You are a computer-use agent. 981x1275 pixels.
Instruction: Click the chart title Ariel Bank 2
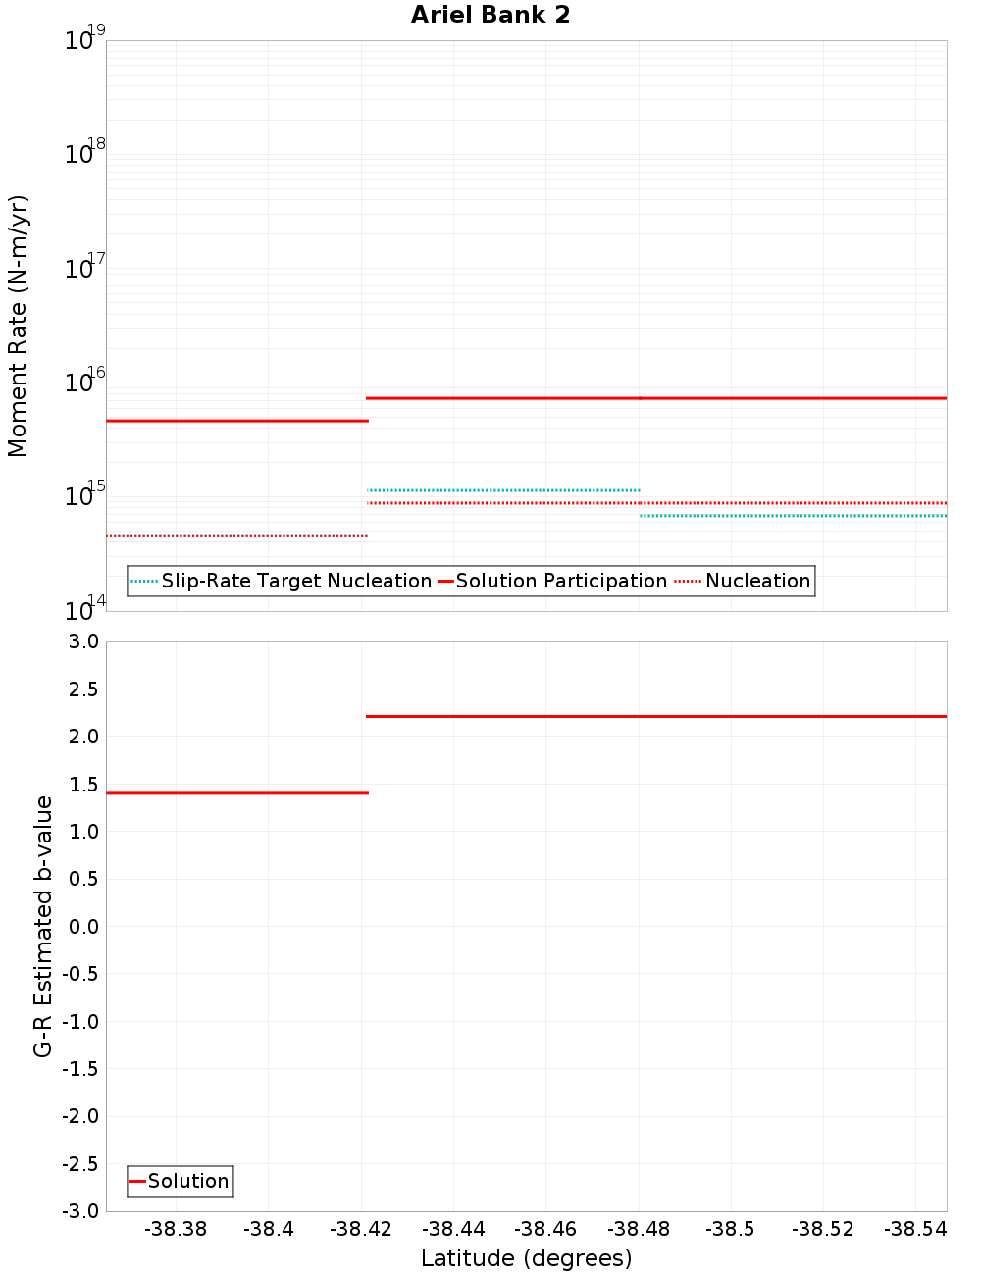[x=490, y=15]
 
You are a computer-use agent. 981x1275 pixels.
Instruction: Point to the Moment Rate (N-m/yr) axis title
[x=18, y=326]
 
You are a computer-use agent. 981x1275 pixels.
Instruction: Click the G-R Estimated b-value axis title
[x=43, y=926]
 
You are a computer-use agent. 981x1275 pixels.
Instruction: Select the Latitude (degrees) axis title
[x=526, y=1258]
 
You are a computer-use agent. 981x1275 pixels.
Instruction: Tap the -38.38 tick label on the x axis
[x=176, y=1229]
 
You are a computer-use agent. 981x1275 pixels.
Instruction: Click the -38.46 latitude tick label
[x=546, y=1229]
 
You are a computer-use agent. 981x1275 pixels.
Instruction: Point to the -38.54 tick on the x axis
[x=915, y=1229]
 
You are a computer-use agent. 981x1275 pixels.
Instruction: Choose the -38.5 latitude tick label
[x=731, y=1229]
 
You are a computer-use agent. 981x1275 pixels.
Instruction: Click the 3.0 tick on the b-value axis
[x=80, y=641]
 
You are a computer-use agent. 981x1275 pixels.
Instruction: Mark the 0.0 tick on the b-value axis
[x=80, y=926]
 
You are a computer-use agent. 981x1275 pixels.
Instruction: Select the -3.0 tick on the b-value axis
[x=80, y=1211]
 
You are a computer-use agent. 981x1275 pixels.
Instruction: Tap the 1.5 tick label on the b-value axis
[x=80, y=784]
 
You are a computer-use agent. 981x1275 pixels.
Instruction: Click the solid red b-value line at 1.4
[x=235, y=792]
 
